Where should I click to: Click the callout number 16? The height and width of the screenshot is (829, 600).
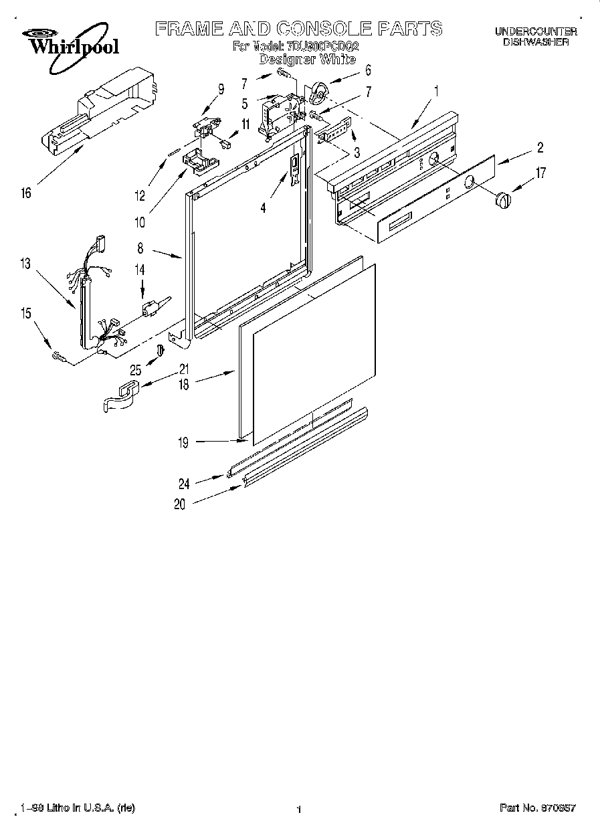[25, 194]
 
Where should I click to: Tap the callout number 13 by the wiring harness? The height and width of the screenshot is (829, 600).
[25, 264]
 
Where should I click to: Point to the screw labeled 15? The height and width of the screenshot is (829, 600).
[59, 359]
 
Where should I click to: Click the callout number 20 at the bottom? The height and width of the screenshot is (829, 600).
[179, 505]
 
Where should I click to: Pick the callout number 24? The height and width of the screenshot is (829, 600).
[183, 484]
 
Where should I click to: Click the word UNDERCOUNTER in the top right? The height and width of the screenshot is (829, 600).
[536, 31]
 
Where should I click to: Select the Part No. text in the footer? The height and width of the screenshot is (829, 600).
[537, 808]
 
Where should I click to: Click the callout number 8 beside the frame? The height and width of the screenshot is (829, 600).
[140, 248]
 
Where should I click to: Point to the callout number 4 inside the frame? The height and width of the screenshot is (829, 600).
[264, 208]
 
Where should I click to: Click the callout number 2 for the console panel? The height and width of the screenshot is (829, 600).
[540, 148]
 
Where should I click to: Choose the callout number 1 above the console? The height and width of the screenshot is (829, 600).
[437, 89]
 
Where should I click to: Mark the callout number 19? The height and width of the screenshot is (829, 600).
[183, 442]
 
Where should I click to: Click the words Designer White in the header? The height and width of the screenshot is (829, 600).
[307, 59]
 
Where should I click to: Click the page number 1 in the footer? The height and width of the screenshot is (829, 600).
[299, 809]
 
